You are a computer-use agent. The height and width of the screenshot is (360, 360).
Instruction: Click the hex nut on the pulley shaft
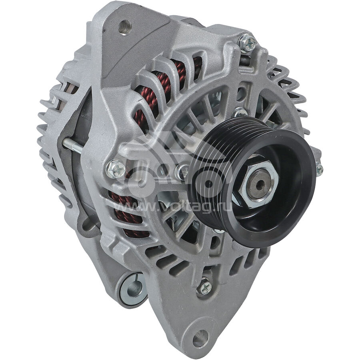[258, 184]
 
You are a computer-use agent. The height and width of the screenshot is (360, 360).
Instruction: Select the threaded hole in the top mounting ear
[125, 27]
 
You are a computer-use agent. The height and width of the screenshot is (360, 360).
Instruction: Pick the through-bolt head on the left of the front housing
[116, 169]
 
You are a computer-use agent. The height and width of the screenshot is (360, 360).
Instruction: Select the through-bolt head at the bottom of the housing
[204, 286]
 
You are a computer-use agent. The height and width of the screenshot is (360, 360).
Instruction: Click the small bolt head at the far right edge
[319, 169]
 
